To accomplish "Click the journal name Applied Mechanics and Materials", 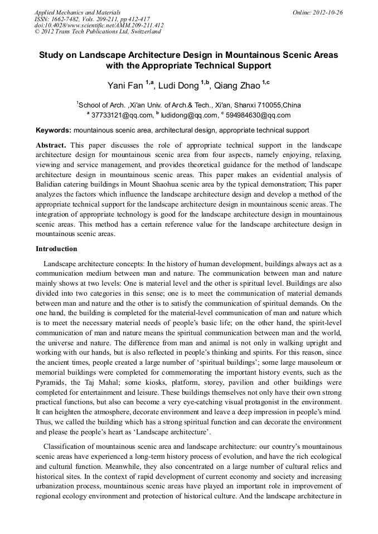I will pyautogui.click(x=77, y=12).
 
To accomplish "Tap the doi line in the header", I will pyautogui.click(x=99, y=25).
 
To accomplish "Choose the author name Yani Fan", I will pyautogui.click(x=125, y=86).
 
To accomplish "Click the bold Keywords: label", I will pyautogui.click(x=54, y=130).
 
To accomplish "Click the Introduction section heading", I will pyautogui.click(x=56, y=248).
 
